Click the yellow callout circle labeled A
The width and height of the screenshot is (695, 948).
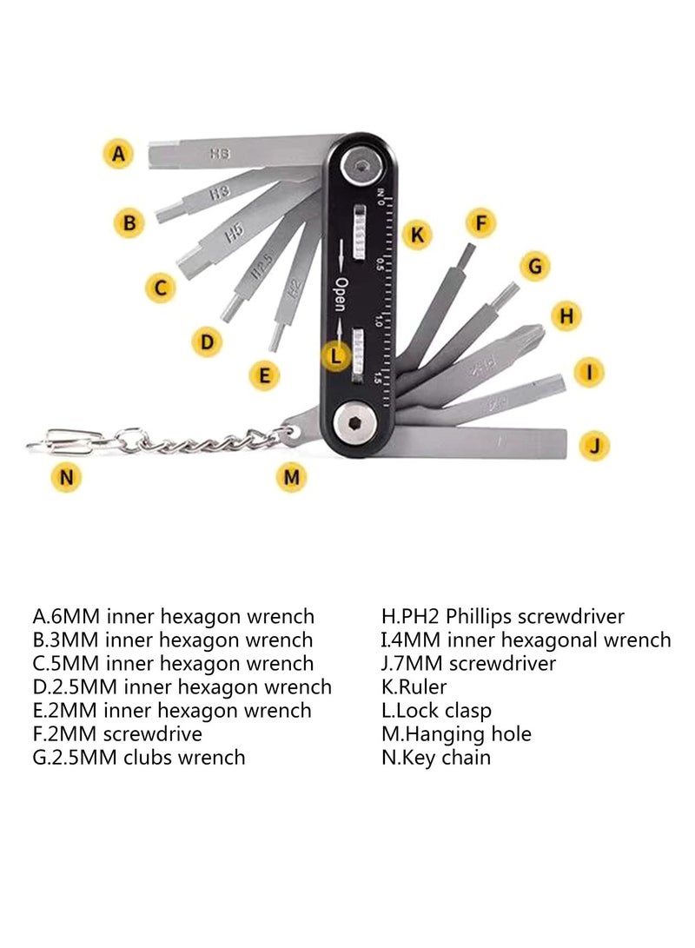point(118,155)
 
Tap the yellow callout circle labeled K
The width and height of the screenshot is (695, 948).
point(417,234)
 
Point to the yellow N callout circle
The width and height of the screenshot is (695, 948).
point(67,477)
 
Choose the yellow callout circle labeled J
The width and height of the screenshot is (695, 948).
point(593,446)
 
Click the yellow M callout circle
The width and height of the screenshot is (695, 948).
point(292,476)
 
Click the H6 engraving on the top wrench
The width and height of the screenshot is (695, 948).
point(220,154)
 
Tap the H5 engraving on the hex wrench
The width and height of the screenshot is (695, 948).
point(233,233)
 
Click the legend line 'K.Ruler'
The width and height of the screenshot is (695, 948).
point(414,687)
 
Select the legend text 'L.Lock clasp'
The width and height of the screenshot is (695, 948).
point(436,711)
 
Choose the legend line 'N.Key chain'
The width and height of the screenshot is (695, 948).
point(436,758)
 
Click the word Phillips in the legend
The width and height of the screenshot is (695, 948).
point(480,617)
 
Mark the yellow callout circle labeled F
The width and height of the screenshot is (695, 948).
point(480,222)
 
